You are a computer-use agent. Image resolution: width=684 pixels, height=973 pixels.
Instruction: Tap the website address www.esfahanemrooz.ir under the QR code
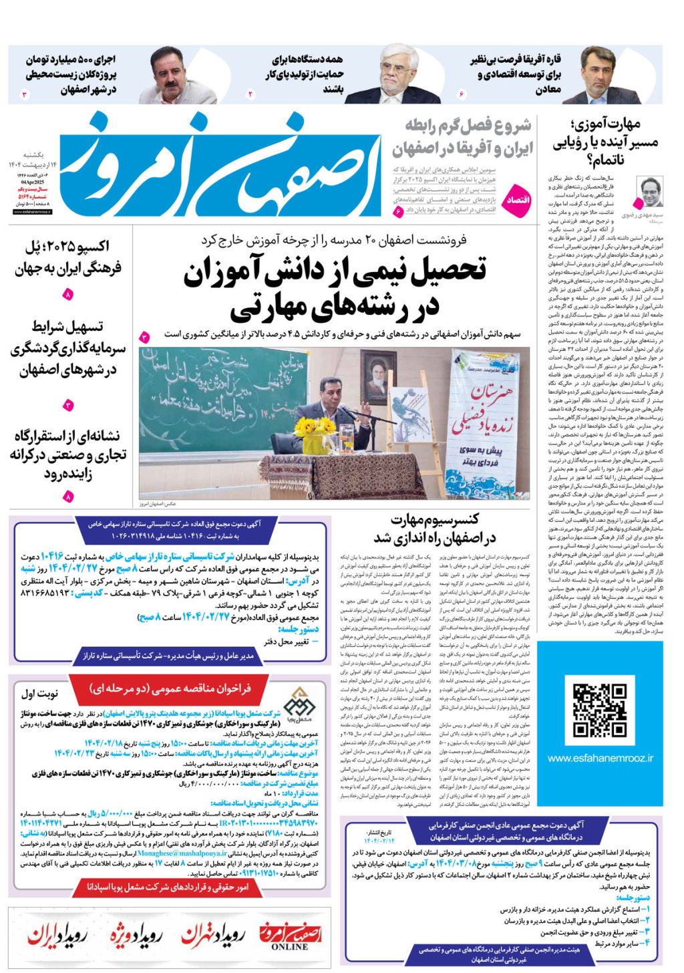pyautogui.click(x=600, y=758)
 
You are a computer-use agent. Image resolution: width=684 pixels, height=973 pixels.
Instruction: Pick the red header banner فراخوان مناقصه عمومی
pyautogui.click(x=170, y=688)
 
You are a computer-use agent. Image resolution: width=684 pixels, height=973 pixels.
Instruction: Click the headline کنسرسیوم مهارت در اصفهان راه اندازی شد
pyautogui.click(x=434, y=529)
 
